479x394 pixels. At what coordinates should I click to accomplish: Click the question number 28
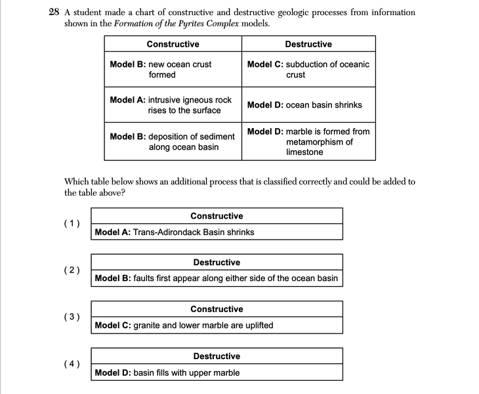tap(54, 12)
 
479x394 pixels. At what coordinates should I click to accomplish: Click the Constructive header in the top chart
tap(173, 44)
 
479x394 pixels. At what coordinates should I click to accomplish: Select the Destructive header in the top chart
tap(308, 44)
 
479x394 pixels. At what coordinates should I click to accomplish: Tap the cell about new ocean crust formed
tap(173, 70)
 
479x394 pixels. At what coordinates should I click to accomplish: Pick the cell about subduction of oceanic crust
tap(308, 70)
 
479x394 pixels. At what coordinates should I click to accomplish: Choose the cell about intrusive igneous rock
tap(173, 105)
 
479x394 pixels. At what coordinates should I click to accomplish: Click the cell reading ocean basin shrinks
tap(308, 105)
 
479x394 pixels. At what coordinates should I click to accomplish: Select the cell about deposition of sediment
tap(173, 142)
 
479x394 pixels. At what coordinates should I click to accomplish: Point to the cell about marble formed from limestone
tap(308, 142)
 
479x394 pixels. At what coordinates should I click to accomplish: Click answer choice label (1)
tap(72, 223)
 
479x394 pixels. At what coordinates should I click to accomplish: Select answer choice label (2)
tap(72, 270)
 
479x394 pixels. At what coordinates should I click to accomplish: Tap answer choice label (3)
tap(72, 317)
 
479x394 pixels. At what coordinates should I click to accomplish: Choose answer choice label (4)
tap(72, 364)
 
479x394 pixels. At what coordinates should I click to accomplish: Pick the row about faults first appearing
tap(217, 278)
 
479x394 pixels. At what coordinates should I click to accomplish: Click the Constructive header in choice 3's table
tap(217, 309)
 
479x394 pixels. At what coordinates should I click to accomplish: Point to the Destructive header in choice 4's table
tap(217, 356)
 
